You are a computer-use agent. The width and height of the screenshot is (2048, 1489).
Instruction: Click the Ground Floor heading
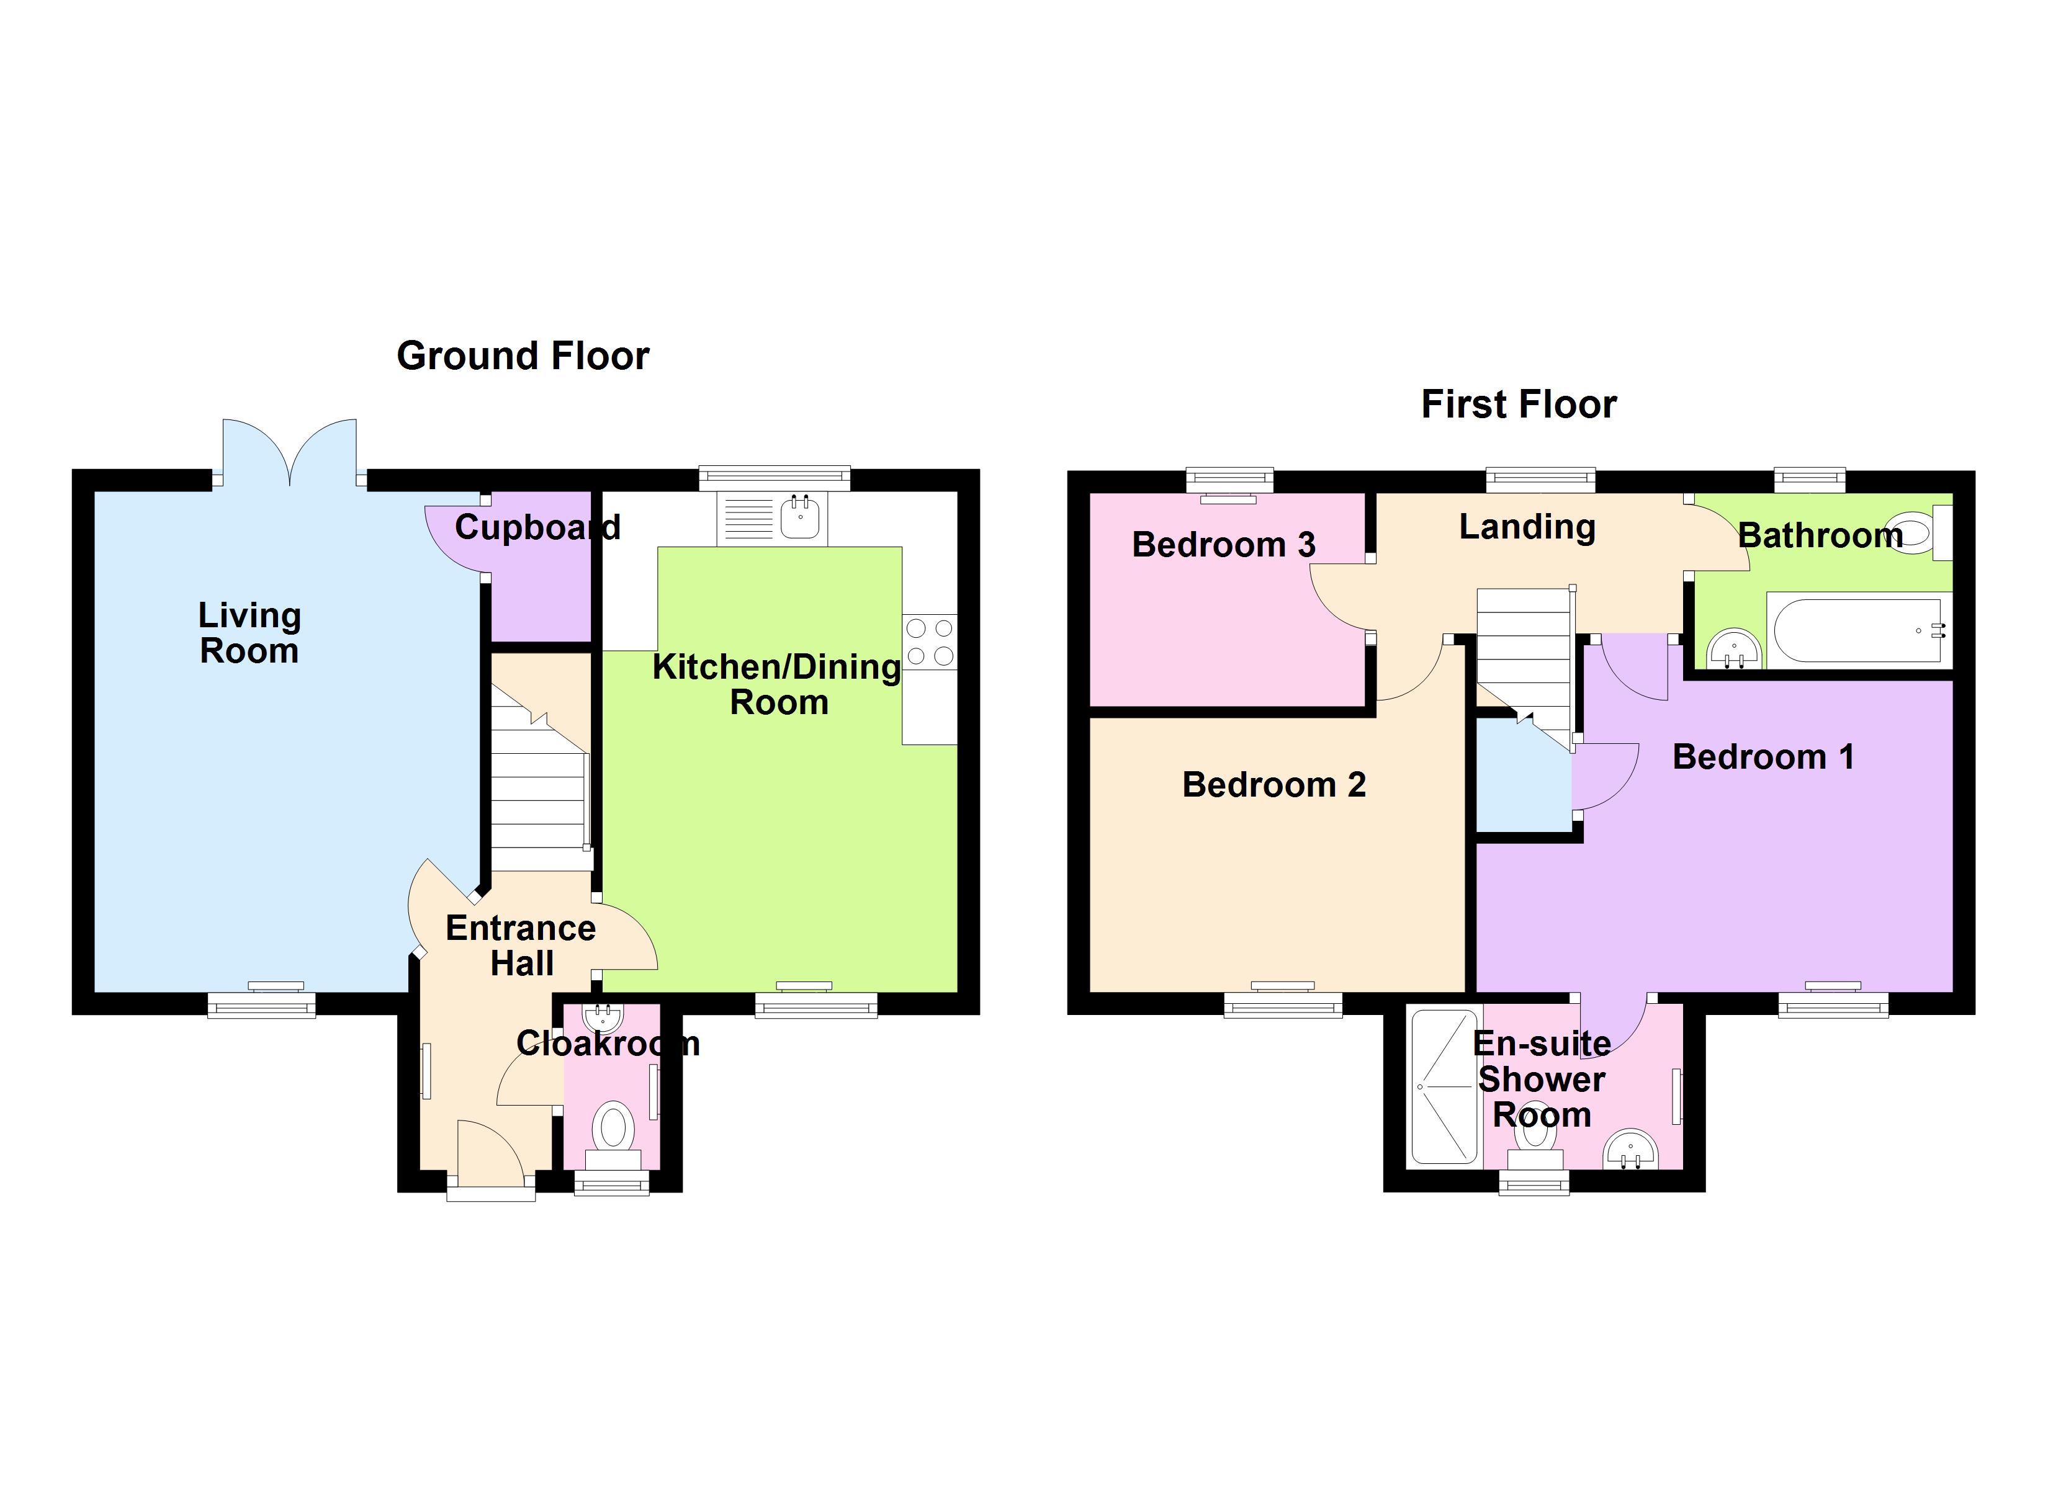pos(523,355)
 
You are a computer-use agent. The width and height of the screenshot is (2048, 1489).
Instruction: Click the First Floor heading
pos(1519,405)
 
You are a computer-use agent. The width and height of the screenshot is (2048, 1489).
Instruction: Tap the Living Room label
pos(249,633)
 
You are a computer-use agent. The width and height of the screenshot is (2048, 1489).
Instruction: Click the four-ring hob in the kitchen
pos(929,642)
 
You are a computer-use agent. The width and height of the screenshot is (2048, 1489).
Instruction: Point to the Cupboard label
pos(537,527)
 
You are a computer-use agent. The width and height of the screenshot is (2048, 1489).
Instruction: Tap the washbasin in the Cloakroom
pos(603,1017)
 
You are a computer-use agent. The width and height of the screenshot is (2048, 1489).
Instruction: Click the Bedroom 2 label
pos(1273,785)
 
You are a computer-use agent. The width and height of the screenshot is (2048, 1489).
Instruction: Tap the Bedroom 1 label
pos(1763,757)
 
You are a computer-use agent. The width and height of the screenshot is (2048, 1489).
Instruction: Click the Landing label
pos(1527,527)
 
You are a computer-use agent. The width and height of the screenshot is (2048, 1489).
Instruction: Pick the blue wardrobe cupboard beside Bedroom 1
pos(1522,777)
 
